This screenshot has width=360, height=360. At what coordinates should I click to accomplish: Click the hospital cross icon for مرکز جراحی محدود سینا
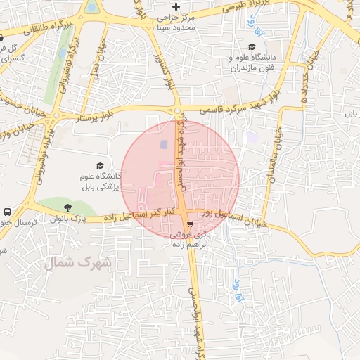pos(176,6)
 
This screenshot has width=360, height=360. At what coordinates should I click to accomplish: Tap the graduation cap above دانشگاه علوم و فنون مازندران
pos(251,46)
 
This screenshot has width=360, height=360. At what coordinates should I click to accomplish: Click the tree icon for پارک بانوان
pos(67,207)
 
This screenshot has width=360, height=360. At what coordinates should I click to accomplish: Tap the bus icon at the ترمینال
pos(7,212)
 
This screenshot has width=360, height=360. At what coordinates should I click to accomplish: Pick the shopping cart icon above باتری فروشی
pos(189,226)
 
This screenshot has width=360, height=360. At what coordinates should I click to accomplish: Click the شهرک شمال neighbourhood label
pos(78,263)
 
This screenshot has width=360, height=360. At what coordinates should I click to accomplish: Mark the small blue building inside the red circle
pos(164,144)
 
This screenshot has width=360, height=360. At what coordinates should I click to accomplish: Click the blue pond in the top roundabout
pos(92,8)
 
